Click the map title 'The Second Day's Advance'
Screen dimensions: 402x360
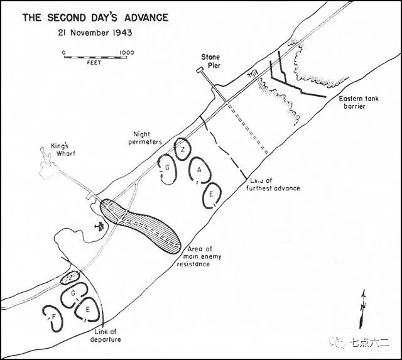(95, 18)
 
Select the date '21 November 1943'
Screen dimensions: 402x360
(95, 33)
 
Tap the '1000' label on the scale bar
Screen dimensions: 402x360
(127, 53)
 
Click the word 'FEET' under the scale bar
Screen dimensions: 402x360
(94, 63)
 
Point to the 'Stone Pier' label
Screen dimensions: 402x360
(211, 62)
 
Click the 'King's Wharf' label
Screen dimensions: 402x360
(63, 150)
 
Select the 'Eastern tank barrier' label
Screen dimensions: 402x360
(358, 102)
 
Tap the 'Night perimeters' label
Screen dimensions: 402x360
(145, 138)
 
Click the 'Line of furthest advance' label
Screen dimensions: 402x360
(273, 185)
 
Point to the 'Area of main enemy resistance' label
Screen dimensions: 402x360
(199, 256)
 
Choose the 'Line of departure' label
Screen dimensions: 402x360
(106, 335)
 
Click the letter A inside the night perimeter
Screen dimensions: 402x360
(199, 170)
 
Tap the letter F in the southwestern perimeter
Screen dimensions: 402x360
(53, 317)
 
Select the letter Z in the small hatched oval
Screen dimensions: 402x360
(71, 276)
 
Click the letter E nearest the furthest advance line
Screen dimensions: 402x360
(211, 194)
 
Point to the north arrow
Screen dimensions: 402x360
(362, 309)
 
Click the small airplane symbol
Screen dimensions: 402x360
(99, 226)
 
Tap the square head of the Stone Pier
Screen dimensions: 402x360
(199, 70)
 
